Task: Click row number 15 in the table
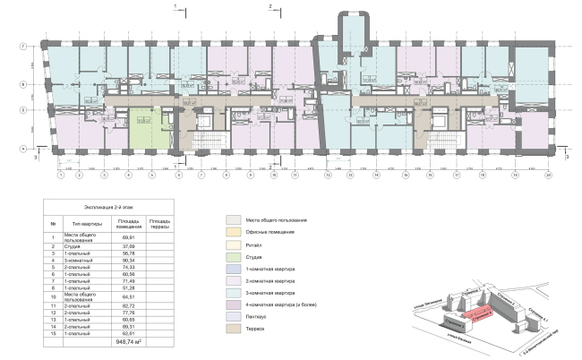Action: click(x=55, y=332)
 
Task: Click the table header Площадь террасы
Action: click(x=161, y=221)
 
